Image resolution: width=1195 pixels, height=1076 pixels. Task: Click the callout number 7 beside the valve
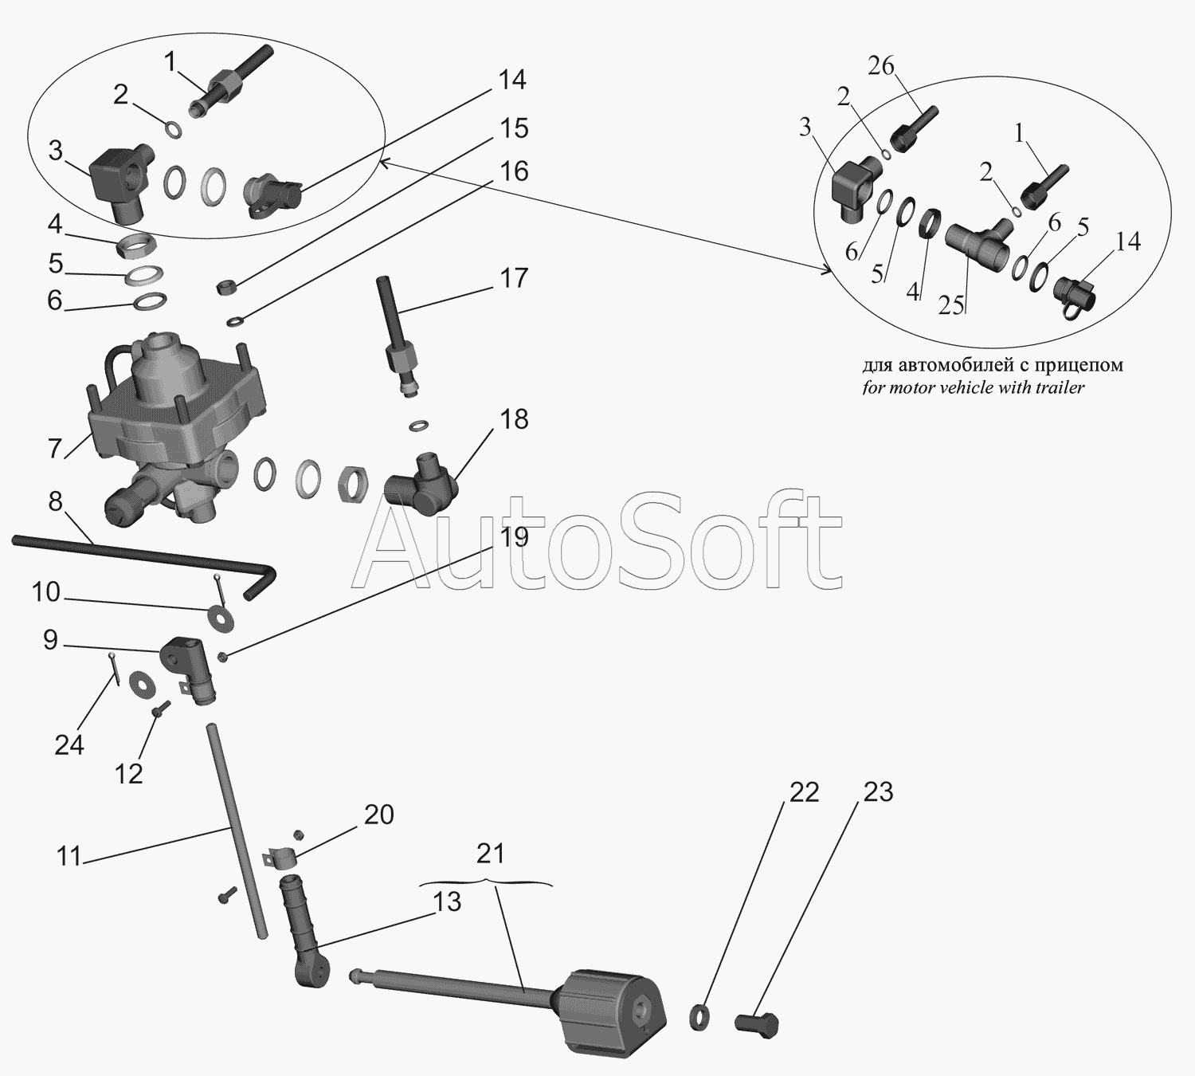click(x=54, y=449)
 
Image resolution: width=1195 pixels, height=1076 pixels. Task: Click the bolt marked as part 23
click(x=754, y=1024)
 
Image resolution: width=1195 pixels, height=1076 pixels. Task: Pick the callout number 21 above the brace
click(x=490, y=854)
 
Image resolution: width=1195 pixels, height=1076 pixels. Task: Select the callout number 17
click(x=514, y=278)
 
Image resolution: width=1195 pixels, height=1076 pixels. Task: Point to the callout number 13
click(x=448, y=901)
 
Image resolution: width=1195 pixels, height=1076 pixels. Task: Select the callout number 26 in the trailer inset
click(x=881, y=66)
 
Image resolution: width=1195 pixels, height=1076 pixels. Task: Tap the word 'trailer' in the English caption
click(x=1060, y=388)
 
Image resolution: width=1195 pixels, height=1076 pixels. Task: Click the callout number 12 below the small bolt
click(x=128, y=772)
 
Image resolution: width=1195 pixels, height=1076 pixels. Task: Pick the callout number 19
click(x=514, y=536)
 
